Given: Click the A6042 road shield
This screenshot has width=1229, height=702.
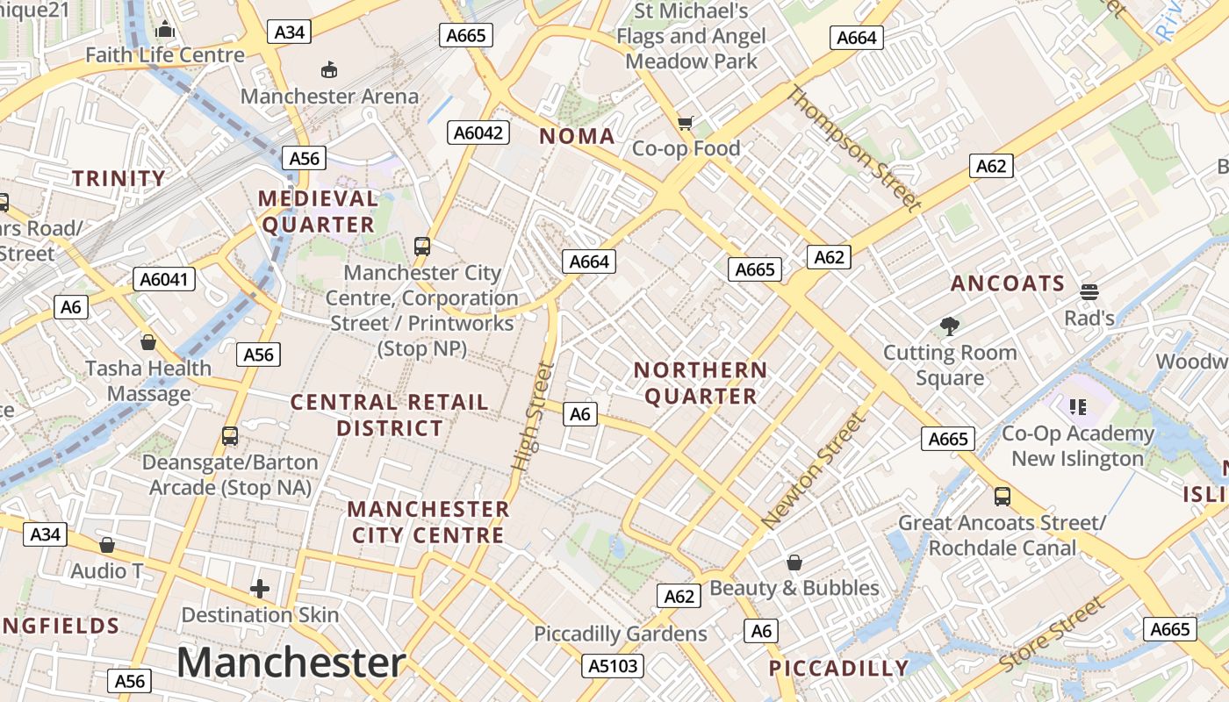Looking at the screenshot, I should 479,133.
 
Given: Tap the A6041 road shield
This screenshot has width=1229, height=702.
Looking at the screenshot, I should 164,279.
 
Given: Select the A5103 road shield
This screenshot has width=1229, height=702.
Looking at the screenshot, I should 613,665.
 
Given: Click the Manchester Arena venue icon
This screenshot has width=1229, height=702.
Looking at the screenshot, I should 329,69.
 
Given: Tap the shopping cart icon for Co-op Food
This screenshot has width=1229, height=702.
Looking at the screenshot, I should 686,123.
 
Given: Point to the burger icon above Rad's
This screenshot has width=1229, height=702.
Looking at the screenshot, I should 1089,291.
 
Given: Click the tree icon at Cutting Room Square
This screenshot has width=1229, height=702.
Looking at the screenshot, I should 949,326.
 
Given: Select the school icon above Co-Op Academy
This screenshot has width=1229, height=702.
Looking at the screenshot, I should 1078,406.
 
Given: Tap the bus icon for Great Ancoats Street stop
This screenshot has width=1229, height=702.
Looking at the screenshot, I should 1003,497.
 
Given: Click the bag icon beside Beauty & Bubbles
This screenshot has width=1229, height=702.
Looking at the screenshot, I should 794,562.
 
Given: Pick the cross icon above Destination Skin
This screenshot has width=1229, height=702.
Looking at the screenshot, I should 260,588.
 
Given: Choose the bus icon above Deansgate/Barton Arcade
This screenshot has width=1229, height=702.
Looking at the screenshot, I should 230,435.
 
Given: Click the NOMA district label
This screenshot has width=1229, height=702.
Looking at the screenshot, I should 577,136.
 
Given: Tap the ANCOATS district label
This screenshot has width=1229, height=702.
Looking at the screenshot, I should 1008,283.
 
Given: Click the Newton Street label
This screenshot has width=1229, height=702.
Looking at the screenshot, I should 814,471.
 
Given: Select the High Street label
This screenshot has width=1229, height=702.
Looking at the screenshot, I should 532,416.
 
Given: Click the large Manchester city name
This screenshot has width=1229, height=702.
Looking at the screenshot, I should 291,662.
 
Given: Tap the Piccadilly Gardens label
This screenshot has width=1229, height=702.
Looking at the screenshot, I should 621,634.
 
